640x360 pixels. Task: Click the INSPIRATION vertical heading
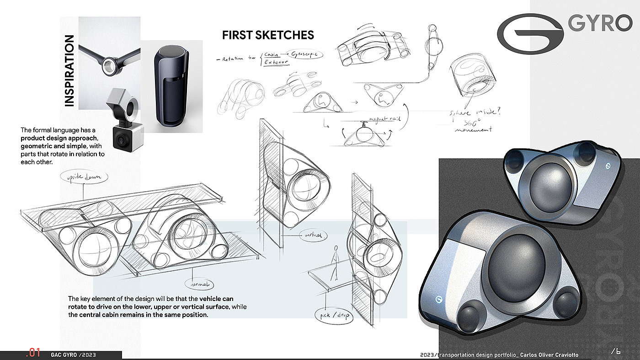coord(69,71)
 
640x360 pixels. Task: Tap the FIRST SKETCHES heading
coord(268,35)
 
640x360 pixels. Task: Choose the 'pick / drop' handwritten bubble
coord(333,316)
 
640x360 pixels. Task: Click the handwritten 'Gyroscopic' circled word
coord(307,54)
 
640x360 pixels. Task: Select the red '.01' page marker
coord(34,353)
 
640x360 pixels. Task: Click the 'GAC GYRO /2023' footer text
coord(74,355)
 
